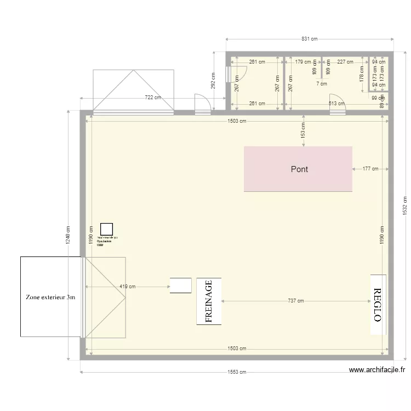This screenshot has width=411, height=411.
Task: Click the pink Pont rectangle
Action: point(298,169)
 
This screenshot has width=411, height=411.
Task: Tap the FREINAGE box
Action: point(209,301)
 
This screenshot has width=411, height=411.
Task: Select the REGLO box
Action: point(378,305)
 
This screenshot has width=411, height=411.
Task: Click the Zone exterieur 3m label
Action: point(50,297)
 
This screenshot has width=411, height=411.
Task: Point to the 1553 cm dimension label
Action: point(237,372)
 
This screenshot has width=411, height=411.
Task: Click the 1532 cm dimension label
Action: point(404,206)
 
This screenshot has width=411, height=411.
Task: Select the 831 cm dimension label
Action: point(310,39)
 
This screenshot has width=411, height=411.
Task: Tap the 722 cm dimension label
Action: point(153,98)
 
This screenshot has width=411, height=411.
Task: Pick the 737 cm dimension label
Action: point(295,301)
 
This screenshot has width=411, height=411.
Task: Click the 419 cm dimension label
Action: point(128,286)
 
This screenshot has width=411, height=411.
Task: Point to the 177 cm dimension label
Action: point(370,169)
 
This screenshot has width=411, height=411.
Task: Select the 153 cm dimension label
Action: point(303,130)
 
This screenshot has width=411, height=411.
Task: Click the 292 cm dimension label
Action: point(213,81)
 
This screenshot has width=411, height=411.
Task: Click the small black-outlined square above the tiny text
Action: point(106,229)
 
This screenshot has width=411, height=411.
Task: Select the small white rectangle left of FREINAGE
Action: point(180,285)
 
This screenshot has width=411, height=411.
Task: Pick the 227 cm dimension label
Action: point(345,62)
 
